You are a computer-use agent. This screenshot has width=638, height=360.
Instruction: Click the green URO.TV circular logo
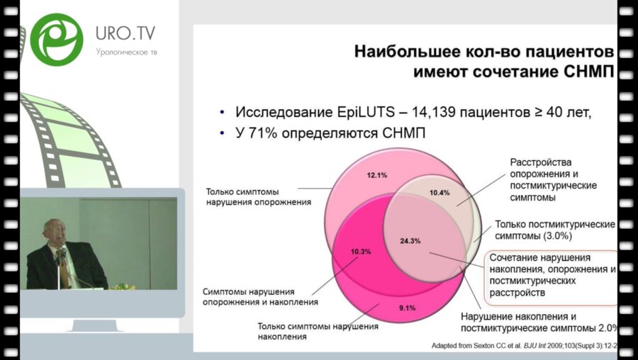pyautogui.click(x=57, y=40)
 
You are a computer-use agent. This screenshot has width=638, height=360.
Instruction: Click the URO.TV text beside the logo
pyautogui.click(x=125, y=33)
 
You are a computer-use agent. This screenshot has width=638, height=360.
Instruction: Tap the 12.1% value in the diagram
pyautogui.click(x=377, y=175)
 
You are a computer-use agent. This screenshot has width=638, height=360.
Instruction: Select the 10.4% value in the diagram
pyautogui.click(x=440, y=193)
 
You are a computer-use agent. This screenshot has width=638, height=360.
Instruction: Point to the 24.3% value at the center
pyautogui.click(x=410, y=241)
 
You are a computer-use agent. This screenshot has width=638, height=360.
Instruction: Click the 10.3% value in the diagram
pyautogui.click(x=361, y=252)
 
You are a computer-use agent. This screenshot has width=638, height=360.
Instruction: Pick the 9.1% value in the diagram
pyautogui.click(x=408, y=308)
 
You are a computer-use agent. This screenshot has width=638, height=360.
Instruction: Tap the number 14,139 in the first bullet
pyautogui.click(x=434, y=112)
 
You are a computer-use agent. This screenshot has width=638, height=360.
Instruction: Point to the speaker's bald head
pyautogui.click(x=55, y=229)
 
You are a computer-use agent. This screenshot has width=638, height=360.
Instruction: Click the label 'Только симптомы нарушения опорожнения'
pyautogui.click(x=258, y=196)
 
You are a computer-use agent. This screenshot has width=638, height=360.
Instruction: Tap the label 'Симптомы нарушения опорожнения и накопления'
pyautogui.click(x=260, y=297)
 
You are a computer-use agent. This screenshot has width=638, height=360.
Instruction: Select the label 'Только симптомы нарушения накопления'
pyautogui.click(x=318, y=331)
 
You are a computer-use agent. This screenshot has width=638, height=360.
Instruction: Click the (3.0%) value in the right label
pyautogui.click(x=558, y=236)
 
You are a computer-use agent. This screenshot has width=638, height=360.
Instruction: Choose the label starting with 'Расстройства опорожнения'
pyautogui.click(x=554, y=180)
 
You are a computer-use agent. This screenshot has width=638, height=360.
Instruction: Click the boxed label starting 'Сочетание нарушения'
pyautogui.click(x=551, y=275)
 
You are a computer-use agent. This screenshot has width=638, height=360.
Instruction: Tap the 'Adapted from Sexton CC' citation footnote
pyautogui.click(x=525, y=346)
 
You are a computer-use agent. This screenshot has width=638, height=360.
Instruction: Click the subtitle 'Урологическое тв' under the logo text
pyautogui.click(x=127, y=52)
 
